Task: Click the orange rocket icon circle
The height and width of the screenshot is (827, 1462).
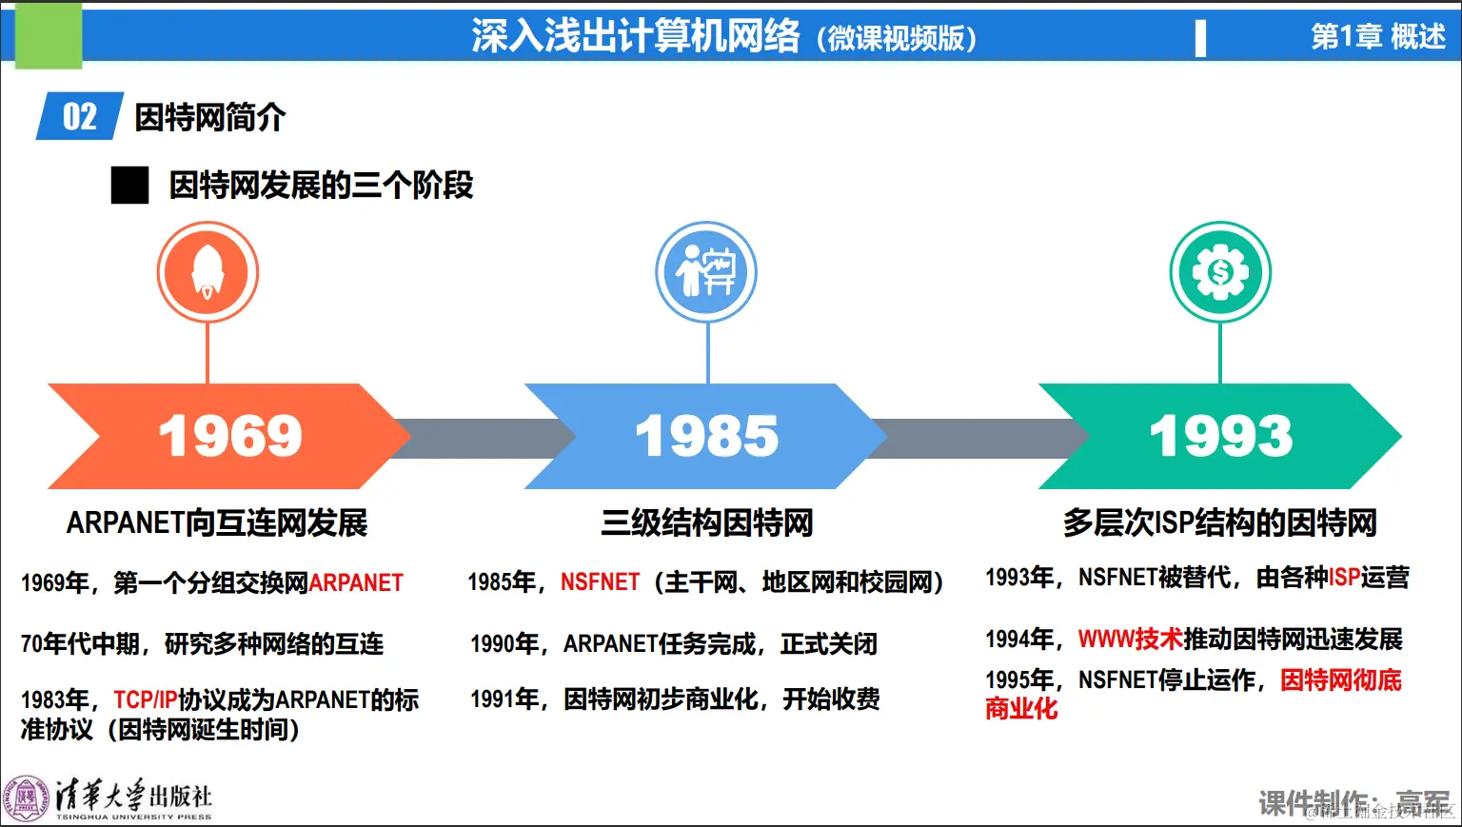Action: [x=207, y=272]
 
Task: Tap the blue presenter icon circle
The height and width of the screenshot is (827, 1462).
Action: [x=706, y=272]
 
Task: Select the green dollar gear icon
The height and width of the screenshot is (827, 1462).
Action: [x=1220, y=272]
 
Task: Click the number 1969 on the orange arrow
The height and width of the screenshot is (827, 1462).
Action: [x=230, y=436]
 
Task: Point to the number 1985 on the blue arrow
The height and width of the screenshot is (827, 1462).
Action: [x=706, y=436]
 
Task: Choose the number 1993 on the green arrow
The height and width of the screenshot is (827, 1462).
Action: [x=1221, y=436]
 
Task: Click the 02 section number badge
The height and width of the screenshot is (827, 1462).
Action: [x=80, y=117]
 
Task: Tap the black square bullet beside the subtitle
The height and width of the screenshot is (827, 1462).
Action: [x=130, y=185]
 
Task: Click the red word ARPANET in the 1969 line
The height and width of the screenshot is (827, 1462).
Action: [x=356, y=582]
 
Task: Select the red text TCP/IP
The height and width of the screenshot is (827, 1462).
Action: [x=146, y=700]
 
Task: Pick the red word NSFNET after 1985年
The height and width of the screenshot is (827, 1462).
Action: [x=600, y=581]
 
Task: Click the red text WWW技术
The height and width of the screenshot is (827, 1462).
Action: [x=1130, y=640]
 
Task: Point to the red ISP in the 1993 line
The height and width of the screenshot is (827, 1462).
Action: [x=1344, y=577]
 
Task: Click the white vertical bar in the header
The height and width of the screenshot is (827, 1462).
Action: [x=1200, y=38]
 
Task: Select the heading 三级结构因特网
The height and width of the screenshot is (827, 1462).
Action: [x=706, y=522]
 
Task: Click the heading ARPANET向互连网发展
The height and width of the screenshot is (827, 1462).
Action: [x=217, y=522]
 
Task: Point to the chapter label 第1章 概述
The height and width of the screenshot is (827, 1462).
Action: [x=1377, y=36]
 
